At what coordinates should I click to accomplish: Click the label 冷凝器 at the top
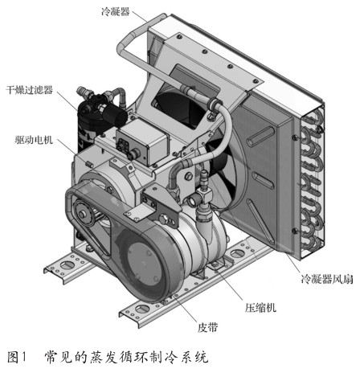pyautogui.click(x=116, y=11)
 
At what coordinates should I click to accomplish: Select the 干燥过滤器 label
pyautogui.click(x=30, y=90)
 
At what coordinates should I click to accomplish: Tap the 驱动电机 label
pyautogui.click(x=34, y=140)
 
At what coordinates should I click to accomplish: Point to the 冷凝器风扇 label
pyautogui.click(x=327, y=280)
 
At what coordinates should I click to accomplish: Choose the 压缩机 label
pyautogui.click(x=260, y=308)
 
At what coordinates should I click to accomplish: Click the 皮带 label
pyautogui.click(x=207, y=327)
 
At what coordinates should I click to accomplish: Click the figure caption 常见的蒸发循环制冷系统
pyautogui.click(x=126, y=359)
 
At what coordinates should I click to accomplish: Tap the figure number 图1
pyautogui.click(x=18, y=359)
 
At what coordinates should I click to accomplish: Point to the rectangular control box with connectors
pyautogui.click(x=142, y=141)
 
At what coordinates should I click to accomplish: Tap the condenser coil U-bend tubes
pyautogui.click(x=312, y=182)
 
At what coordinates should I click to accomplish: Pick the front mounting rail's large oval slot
pyautogui.click(x=142, y=309)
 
